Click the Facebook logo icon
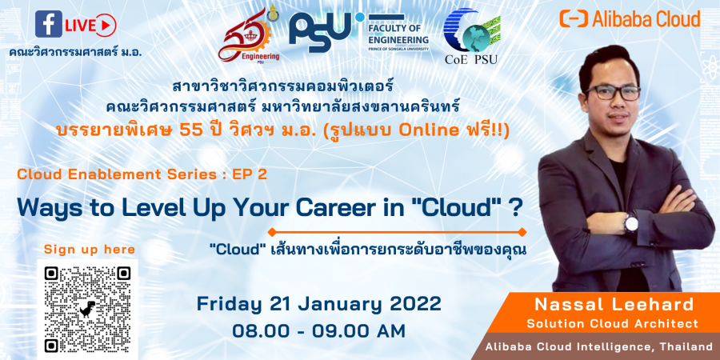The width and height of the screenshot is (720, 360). pos(49,24)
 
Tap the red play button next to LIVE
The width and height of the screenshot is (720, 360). pos(106,26)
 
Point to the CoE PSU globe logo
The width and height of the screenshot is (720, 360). pos(471,37)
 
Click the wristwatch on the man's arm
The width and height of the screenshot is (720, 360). pos(630,223)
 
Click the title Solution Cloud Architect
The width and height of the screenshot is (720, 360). pos(613,324)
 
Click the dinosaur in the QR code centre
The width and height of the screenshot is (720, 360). pos(87,310)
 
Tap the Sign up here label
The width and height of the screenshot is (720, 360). pos(90,250)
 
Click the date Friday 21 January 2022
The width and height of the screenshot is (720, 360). pos(319,304)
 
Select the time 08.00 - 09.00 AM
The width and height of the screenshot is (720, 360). pos(319,330)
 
